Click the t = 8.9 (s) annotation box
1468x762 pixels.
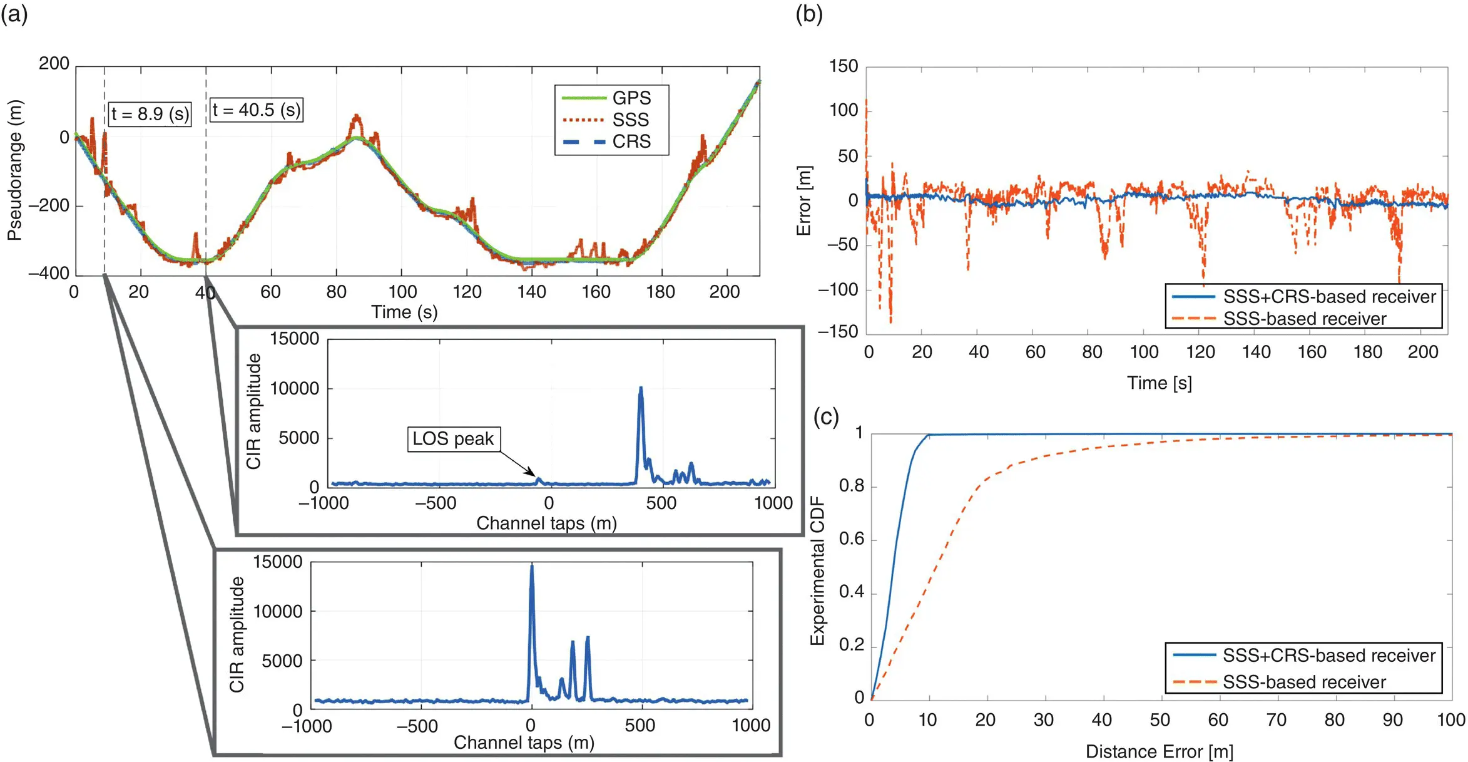coord(150,114)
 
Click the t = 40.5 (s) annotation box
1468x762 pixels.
coord(257,110)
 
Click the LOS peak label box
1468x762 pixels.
coord(454,439)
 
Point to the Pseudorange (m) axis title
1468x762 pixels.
coord(14,170)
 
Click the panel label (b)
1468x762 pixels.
coord(808,14)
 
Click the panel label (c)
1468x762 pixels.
coord(825,417)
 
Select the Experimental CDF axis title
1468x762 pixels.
coord(817,571)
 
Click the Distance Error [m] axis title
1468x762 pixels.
coord(1159,751)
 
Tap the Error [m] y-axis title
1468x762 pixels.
coord(803,200)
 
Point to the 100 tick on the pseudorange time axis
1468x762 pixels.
coord(402,292)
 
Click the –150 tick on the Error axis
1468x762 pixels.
coord(838,332)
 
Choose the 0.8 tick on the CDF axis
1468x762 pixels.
coord(851,486)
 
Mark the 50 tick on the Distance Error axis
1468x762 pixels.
coord(1160,720)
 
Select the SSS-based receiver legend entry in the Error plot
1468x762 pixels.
coord(1305,319)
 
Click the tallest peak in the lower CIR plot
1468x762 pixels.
coord(532,567)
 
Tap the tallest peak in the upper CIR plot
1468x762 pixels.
coord(640,389)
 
